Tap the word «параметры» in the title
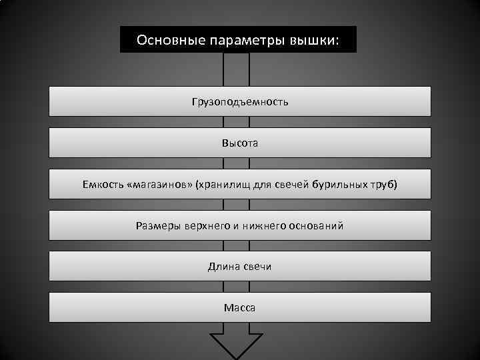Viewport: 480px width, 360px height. (240, 40)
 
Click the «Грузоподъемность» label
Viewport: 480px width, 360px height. (240, 102)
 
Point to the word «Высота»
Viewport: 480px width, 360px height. (240, 143)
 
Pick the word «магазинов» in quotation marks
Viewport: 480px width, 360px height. (157, 185)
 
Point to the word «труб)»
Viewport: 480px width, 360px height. (382, 185)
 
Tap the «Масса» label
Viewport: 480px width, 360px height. (240, 308)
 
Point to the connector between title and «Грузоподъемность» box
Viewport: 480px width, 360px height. (237, 69)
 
